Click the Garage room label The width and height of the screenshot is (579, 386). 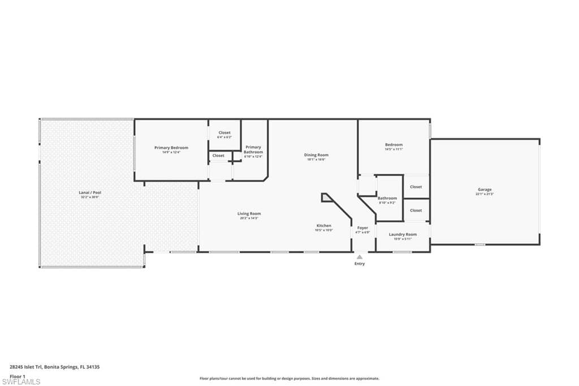click(484, 190)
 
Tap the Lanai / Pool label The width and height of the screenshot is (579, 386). click(89, 192)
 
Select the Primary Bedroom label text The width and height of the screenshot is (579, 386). click(171, 148)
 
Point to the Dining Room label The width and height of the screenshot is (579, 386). click(316, 155)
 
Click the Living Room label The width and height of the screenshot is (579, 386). click(249, 213)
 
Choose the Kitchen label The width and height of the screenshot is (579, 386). click(323, 226)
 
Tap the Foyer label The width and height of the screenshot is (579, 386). click(362, 228)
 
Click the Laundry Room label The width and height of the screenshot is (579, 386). click(403, 234)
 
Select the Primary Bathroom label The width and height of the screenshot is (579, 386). click(253, 149)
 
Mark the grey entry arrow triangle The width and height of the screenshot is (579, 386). click(360, 257)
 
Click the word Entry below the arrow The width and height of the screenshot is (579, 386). click(360, 264)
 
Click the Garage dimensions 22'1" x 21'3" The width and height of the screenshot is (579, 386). click(485, 194)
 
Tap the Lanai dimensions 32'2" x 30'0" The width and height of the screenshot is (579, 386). click(89, 197)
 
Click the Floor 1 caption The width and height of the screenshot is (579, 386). click(18, 376)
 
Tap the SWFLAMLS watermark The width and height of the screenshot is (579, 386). click(21, 382)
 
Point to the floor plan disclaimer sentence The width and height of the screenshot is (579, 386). click(289, 379)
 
